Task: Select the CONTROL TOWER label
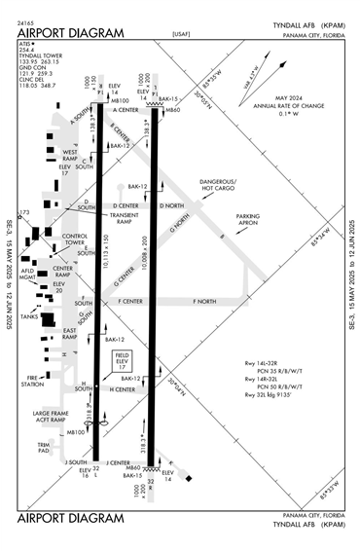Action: point(76,239)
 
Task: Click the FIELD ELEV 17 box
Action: point(121,361)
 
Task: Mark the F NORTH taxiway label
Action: point(204,302)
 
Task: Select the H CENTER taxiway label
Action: point(123,389)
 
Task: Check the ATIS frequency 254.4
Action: point(27,51)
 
